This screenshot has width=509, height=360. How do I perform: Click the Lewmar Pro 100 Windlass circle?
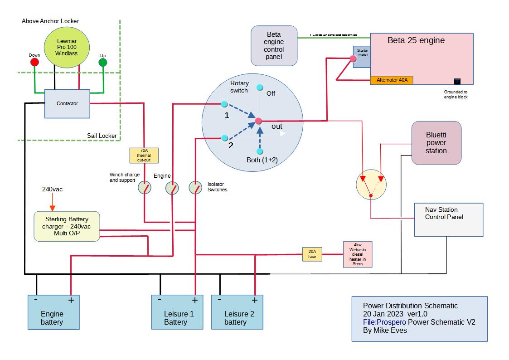(x=67, y=47)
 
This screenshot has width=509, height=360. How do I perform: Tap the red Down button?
(x=34, y=62)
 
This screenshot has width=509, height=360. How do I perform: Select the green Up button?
(x=103, y=62)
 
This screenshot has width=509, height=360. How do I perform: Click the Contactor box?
(x=67, y=104)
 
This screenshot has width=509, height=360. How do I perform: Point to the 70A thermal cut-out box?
(x=144, y=156)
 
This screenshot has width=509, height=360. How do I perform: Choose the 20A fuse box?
(x=312, y=254)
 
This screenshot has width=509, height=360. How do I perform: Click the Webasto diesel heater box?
(x=358, y=254)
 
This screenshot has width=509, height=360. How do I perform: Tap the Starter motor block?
(x=362, y=56)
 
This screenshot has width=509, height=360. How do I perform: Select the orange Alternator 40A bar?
(x=392, y=80)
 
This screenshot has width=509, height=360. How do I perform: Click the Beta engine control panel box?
(x=274, y=45)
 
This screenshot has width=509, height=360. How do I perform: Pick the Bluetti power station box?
(x=436, y=143)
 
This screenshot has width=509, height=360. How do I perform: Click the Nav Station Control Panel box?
(x=448, y=219)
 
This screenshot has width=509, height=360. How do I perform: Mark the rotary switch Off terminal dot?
(x=260, y=88)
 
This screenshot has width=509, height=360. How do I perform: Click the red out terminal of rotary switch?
(x=258, y=121)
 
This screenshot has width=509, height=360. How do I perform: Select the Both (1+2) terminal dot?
(x=260, y=151)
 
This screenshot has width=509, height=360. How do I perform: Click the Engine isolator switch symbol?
(x=171, y=187)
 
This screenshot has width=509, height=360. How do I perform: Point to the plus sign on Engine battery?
(x=71, y=300)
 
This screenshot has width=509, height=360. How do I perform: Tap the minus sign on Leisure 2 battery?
(x=219, y=300)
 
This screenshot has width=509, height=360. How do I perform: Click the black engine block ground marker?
(x=457, y=81)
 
